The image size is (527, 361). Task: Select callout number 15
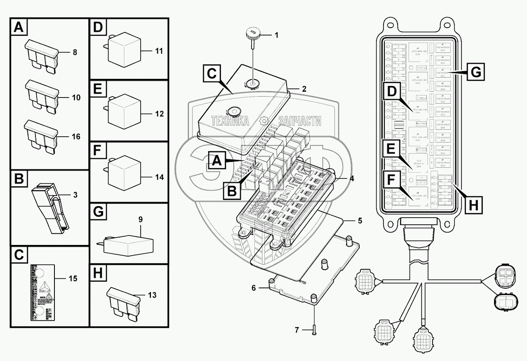point(73,279)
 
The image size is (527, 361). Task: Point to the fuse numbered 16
point(42,135)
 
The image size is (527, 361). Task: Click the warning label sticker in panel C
point(41,292)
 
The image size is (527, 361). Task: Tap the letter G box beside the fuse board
point(475,73)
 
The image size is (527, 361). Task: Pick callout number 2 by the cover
point(304,88)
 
